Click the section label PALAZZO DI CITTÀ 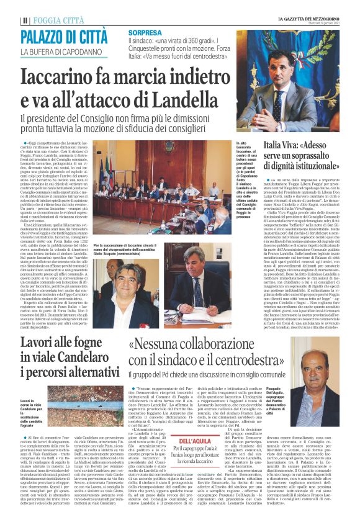click(64, 36)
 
